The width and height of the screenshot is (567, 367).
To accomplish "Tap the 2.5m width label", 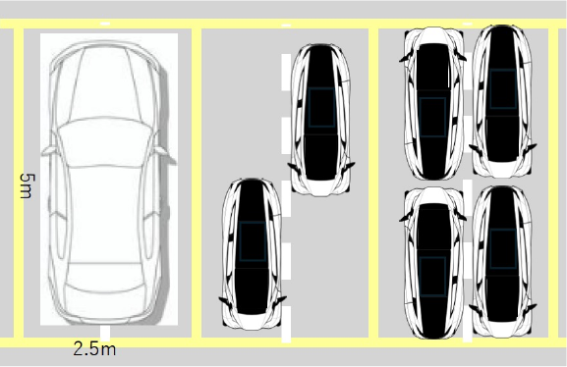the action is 94,349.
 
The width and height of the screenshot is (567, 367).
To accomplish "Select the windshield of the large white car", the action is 104,142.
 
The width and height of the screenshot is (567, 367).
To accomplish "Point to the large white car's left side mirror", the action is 49,151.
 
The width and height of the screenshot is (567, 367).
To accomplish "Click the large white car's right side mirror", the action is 161,151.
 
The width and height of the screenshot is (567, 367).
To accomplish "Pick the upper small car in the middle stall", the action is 320,120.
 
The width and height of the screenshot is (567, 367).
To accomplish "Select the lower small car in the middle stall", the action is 252,253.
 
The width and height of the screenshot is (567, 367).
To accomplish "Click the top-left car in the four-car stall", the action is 433,103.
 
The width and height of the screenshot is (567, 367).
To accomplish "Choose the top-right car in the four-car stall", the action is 502,101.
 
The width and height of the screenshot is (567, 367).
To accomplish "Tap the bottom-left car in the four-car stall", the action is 433,263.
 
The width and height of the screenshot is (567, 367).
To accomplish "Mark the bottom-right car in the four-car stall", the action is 502,262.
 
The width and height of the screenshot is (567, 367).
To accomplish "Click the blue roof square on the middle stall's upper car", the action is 322,107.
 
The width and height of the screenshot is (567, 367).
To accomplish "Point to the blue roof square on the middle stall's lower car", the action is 253,241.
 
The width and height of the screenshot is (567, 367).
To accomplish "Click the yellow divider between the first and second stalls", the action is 197,183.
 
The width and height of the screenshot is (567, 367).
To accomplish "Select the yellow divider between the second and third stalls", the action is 373,183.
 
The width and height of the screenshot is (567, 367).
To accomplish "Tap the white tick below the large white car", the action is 105,334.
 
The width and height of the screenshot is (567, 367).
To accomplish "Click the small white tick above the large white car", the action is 105,24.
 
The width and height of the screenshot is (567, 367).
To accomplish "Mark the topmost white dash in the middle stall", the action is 286,72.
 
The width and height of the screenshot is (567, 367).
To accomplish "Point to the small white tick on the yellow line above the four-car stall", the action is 468,24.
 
